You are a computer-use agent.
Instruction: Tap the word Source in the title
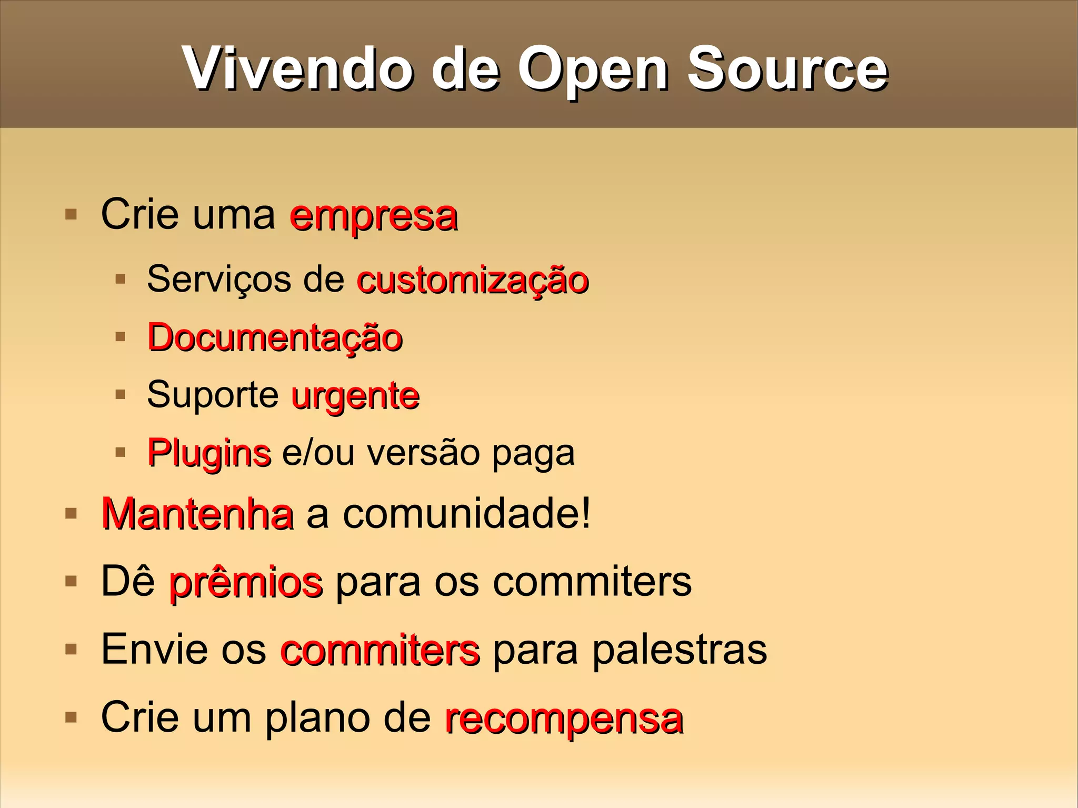point(787,68)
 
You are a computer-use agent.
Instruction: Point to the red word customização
point(473,280)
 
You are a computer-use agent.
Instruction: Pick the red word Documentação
point(275,337)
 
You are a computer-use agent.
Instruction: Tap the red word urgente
point(355,396)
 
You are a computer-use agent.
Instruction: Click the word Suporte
point(213,395)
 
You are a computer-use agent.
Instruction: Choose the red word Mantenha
point(197,514)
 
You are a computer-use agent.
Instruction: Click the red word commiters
point(380,650)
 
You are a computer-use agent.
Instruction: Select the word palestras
point(680,650)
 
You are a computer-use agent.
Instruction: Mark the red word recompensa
point(564,719)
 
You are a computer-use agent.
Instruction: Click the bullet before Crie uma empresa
point(71,214)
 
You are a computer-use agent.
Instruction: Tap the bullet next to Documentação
point(121,336)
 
